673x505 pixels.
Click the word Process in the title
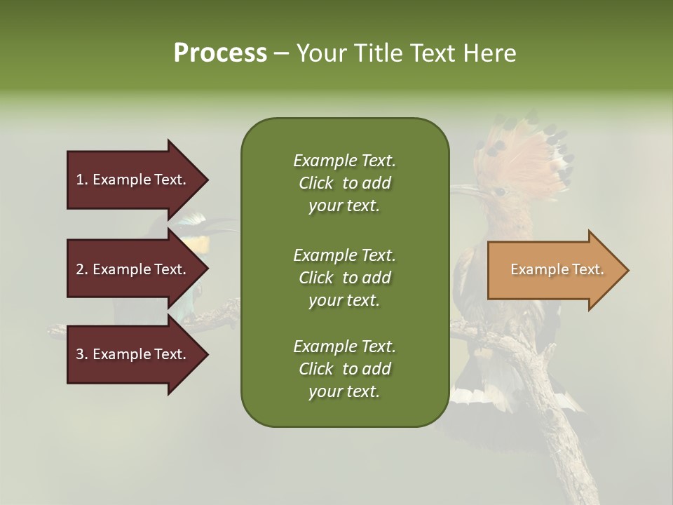(x=220, y=53)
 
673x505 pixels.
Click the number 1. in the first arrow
(x=82, y=180)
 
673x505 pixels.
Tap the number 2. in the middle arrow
(x=82, y=269)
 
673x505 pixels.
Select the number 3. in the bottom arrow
(x=82, y=354)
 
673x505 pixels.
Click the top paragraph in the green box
(x=344, y=183)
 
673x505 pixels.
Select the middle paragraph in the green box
(x=344, y=277)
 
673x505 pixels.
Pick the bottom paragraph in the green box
(x=344, y=369)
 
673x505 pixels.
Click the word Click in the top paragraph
(x=316, y=183)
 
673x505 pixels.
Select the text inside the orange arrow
(x=557, y=269)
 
